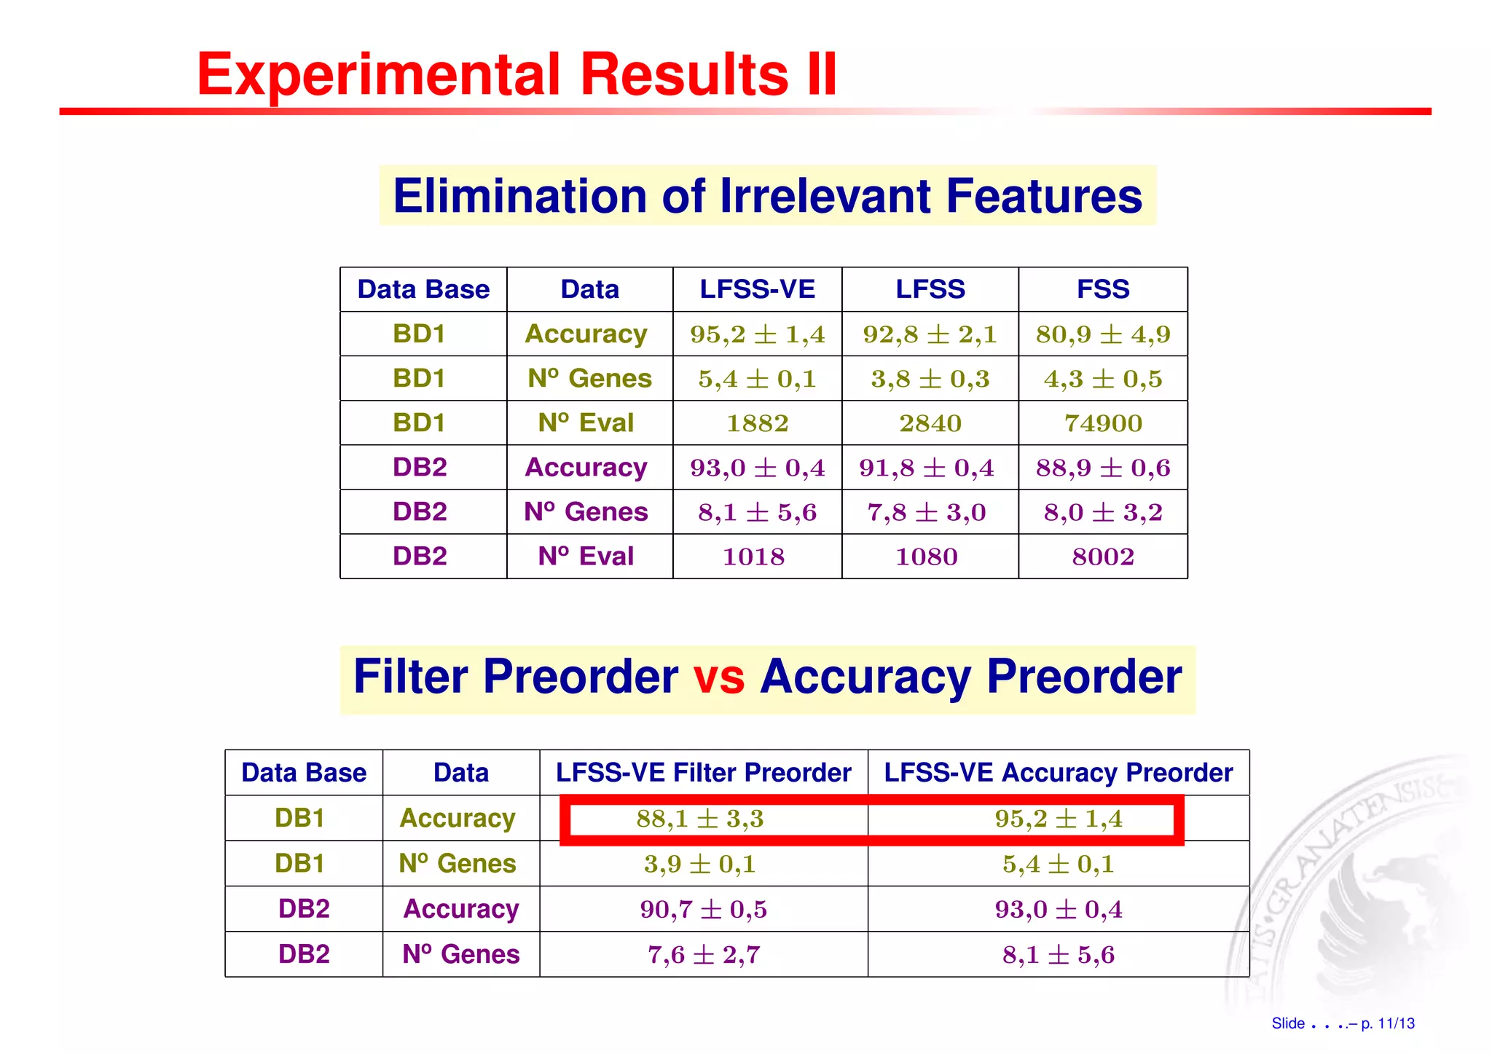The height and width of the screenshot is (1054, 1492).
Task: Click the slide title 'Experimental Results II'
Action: click(517, 74)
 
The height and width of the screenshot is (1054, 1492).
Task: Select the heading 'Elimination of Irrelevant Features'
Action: click(767, 196)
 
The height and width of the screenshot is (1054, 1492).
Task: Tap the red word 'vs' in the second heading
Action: click(718, 677)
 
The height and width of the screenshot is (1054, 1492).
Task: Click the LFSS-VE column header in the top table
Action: click(757, 289)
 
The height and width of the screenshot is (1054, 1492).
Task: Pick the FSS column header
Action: click(1102, 289)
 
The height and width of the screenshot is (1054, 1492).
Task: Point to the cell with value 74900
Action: click(1102, 423)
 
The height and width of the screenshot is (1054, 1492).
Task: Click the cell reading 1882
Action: click(757, 423)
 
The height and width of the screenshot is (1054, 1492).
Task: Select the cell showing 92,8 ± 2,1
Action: click(930, 334)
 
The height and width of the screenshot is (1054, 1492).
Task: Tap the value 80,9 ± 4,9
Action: click(1102, 334)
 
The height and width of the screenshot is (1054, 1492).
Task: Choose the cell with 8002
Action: click(1102, 557)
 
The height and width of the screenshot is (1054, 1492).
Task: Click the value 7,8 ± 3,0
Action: click(926, 512)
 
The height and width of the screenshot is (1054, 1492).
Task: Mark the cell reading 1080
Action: click(926, 557)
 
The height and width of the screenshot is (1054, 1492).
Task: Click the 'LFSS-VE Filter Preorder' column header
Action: click(703, 772)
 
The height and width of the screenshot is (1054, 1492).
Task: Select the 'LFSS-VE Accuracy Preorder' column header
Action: click(1058, 772)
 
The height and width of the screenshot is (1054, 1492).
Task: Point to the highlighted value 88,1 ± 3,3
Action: click(699, 819)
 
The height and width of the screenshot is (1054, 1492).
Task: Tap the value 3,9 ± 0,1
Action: click(699, 864)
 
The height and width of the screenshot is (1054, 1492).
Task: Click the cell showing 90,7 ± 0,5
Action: click(703, 909)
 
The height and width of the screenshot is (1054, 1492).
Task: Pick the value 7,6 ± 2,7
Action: click(703, 954)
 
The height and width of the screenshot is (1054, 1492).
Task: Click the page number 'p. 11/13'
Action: click(1387, 1023)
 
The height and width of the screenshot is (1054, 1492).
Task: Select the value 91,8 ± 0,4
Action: click(926, 468)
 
